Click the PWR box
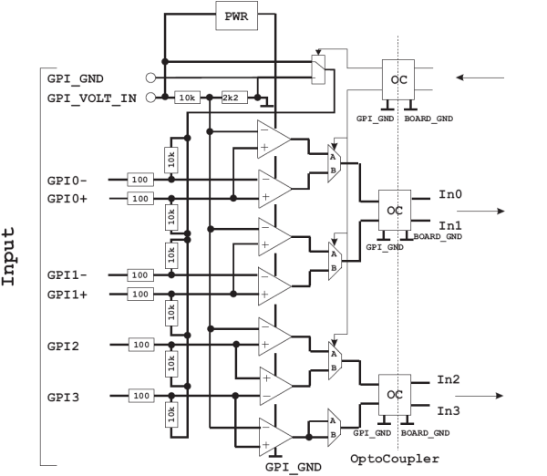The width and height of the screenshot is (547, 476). (x=236, y=16)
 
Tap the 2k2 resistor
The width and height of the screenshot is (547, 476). (x=234, y=98)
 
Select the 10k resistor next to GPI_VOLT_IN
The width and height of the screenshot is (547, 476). (x=187, y=98)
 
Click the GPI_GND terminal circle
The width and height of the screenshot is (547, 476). (x=150, y=78)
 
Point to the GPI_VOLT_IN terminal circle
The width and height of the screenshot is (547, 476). (x=150, y=98)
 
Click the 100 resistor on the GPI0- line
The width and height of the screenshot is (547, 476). (x=140, y=180)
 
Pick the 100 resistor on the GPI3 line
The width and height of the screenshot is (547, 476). (x=141, y=396)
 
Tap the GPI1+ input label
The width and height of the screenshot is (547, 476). (x=67, y=295)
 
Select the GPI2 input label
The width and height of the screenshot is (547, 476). (x=63, y=347)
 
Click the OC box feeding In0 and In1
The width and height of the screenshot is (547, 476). (x=395, y=210)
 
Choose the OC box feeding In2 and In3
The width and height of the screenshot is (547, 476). (x=395, y=395)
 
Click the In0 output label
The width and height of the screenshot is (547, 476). (x=450, y=194)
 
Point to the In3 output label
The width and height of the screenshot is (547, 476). (x=449, y=410)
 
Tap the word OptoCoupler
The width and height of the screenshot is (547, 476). (x=395, y=459)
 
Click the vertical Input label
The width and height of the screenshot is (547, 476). (x=8, y=256)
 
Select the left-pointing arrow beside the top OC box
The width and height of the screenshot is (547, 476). (x=480, y=78)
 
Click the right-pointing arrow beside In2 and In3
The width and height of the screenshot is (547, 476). (x=480, y=396)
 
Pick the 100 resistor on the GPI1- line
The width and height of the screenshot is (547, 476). (x=140, y=275)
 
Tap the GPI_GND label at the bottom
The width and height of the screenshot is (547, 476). (x=294, y=467)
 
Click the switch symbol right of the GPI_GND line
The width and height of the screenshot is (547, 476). (x=318, y=69)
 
